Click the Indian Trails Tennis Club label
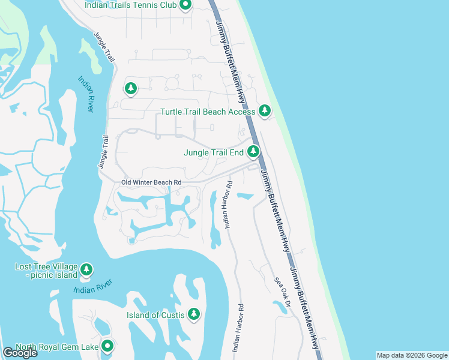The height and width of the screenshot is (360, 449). [x=130, y=5]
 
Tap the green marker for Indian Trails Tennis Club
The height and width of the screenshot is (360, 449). [x=185, y=5]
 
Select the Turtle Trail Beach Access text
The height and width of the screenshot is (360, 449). [x=208, y=112]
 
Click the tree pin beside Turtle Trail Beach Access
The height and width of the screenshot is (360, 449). [x=265, y=110]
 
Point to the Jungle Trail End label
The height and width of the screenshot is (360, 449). [x=213, y=152]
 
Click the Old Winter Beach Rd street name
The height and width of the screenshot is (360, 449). [x=142, y=182]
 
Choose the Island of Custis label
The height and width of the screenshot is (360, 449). [x=155, y=315]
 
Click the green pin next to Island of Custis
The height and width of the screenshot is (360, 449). [x=193, y=313]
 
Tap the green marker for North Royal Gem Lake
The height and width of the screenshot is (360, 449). [x=107, y=346]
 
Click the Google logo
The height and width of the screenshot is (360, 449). [x=20, y=353]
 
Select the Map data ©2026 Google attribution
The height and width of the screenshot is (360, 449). [x=412, y=355]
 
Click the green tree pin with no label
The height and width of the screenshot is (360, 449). [x=131, y=88]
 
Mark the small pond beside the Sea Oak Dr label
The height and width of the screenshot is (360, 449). [x=280, y=307]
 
